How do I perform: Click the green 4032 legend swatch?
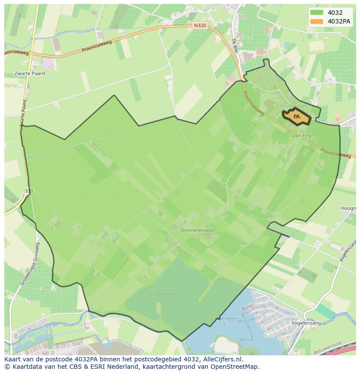point(317,13)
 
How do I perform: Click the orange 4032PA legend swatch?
point(317,21)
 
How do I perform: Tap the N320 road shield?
point(200,26)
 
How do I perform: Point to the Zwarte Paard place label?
point(29,73)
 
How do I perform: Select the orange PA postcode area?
point(297,117)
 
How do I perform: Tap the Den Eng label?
point(302,136)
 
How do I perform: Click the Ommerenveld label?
point(197,230)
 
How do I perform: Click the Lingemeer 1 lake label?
point(224,321)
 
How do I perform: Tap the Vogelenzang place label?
point(306,323)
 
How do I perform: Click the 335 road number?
point(29,191)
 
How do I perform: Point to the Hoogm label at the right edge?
point(348,209)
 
